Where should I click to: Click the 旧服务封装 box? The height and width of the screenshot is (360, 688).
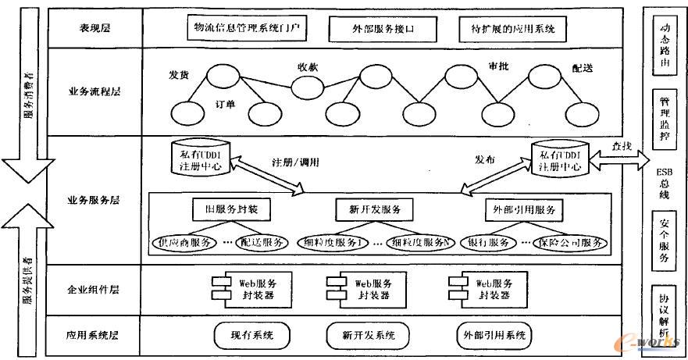point(230,210)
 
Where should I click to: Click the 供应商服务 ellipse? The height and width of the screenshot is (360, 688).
point(185,242)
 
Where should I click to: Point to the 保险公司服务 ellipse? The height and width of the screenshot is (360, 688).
point(571,242)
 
